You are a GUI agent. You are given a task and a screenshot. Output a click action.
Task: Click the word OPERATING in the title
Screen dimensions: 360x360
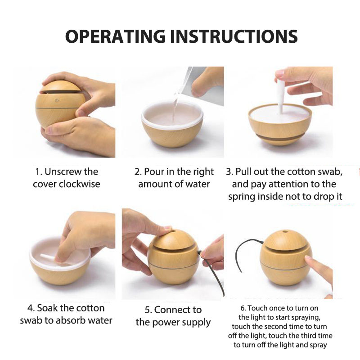115,36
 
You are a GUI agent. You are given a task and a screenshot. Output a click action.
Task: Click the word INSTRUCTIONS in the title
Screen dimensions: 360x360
234,36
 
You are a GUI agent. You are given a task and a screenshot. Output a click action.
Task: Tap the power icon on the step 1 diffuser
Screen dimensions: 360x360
57,100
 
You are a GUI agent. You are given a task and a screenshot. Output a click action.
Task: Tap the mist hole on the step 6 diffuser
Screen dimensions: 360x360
285,231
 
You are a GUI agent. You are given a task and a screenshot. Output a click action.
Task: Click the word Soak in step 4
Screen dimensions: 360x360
47,308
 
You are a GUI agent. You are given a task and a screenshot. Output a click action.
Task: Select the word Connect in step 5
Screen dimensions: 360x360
172,310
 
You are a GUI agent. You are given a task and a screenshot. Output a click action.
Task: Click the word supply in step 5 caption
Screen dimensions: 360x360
197,323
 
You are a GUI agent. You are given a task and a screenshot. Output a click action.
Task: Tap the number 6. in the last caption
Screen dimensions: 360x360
243,308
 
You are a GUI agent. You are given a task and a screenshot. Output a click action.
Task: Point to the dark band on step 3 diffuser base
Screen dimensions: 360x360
280,137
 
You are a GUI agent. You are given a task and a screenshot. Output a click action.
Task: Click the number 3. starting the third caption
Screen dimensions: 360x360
229,172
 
